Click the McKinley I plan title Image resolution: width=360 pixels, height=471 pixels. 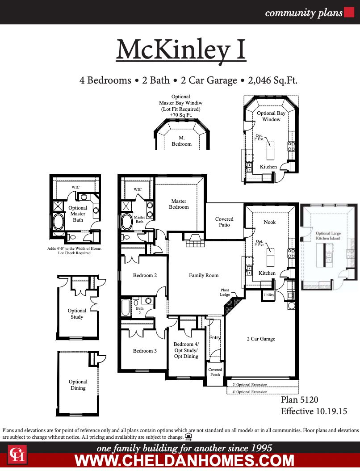(181, 50)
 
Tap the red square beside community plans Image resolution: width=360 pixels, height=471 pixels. (349, 13)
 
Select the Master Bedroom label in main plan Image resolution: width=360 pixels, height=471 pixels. (179, 204)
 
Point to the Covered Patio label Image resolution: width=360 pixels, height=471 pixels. (224, 222)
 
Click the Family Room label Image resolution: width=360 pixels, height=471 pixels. (203, 275)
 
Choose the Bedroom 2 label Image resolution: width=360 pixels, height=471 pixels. (145, 275)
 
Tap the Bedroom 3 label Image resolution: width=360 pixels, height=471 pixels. (145, 351)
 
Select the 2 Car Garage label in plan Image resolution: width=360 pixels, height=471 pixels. (261, 339)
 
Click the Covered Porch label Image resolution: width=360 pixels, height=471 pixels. (215, 372)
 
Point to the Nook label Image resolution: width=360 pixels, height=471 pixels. (270, 222)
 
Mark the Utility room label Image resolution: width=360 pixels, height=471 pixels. (268, 295)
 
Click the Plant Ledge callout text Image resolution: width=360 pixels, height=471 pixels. (225, 292)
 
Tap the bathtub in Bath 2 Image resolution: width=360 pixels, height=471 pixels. (126, 307)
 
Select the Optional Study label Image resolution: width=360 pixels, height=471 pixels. (77, 314)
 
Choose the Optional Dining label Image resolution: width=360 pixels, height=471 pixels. (78, 385)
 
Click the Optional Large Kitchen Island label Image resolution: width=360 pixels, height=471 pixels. (328, 236)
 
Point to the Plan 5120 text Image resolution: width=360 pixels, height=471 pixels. (299, 400)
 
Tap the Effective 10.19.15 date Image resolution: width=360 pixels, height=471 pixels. (314, 411)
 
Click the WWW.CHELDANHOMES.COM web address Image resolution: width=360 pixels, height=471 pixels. (184, 460)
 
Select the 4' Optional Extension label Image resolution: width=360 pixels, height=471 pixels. (250, 392)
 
